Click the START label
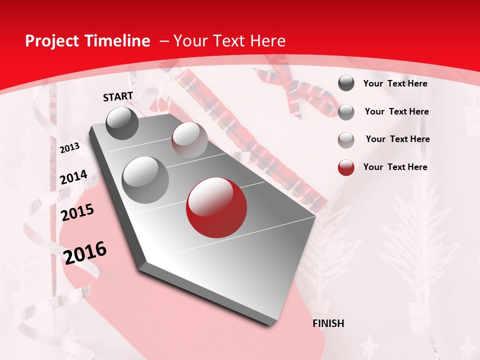(x=118, y=96)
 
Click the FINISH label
(x=328, y=323)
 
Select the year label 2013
(x=69, y=148)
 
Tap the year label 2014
(x=73, y=177)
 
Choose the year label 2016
(x=85, y=252)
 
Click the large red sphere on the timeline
(x=216, y=207)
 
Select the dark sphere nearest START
(x=122, y=123)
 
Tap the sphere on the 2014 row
(x=145, y=179)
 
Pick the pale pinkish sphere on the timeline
(x=189, y=140)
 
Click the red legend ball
(x=346, y=167)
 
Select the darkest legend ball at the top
(x=346, y=83)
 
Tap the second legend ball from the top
(x=346, y=112)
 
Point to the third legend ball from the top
(x=346, y=140)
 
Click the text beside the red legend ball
(x=395, y=167)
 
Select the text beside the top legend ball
(x=395, y=83)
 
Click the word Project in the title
(x=52, y=41)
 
